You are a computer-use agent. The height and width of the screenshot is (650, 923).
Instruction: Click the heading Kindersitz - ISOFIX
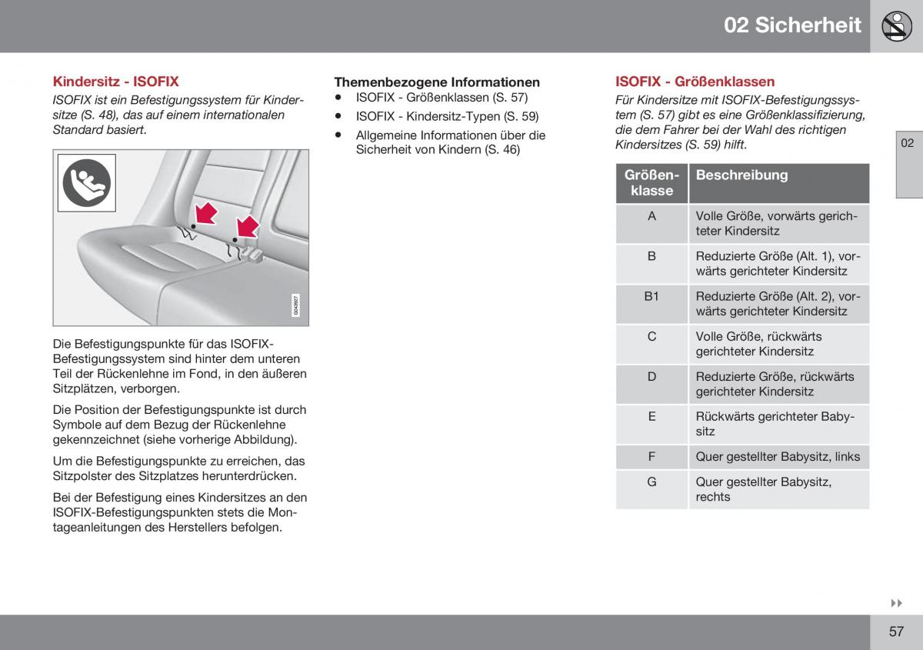click(x=115, y=81)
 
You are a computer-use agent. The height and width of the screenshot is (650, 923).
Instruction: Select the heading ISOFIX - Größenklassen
click(x=695, y=82)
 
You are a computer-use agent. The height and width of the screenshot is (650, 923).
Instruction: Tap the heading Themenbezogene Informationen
click(x=436, y=82)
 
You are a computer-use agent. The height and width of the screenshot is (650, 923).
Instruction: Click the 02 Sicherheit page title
click(x=792, y=25)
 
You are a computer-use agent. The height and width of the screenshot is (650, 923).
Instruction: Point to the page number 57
click(x=896, y=632)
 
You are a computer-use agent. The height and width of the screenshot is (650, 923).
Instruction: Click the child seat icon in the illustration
click(x=86, y=182)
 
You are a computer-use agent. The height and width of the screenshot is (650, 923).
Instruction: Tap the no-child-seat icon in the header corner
click(x=896, y=26)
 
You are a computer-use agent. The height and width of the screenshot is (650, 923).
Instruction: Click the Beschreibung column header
click(x=741, y=175)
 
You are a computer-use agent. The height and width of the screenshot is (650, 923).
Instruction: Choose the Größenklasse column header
click(x=651, y=183)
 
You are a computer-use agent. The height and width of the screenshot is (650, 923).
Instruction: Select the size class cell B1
click(x=651, y=296)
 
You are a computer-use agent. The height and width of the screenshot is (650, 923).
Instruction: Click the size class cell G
click(x=651, y=482)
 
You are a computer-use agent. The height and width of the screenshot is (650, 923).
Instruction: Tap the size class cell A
click(x=651, y=216)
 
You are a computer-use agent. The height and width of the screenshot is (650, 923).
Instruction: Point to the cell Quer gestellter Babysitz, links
click(x=778, y=457)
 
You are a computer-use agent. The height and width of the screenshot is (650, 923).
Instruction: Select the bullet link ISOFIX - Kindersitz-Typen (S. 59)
click(x=447, y=117)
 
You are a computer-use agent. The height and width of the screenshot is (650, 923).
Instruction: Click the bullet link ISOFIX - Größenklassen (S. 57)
click(x=442, y=98)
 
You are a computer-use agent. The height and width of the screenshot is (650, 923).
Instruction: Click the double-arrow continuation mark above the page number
click(x=897, y=604)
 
